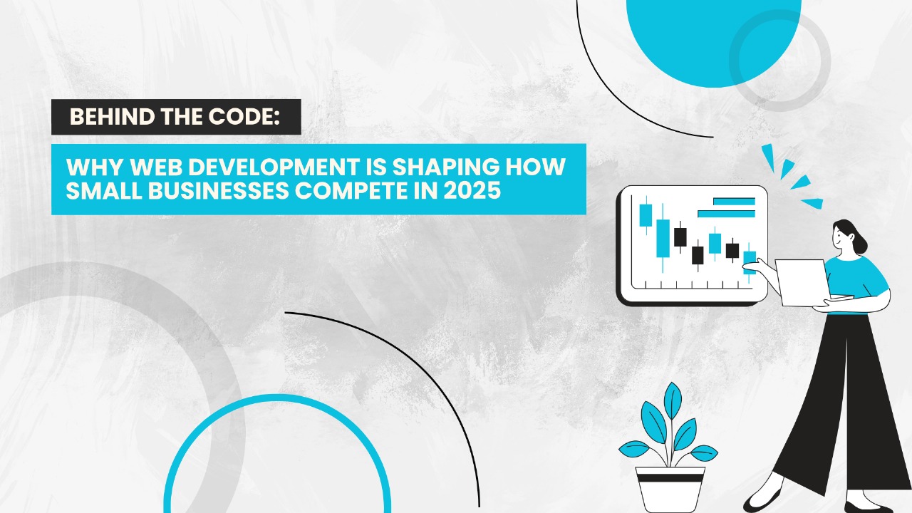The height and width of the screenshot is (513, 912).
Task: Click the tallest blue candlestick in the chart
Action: pos(663,239)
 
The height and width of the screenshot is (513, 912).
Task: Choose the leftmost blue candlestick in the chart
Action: pos(646,215)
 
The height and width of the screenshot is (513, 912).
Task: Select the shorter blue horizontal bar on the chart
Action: pos(734,202)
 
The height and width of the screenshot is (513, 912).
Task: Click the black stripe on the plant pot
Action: pos(670,478)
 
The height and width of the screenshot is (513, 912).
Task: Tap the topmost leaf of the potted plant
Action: pos(673,400)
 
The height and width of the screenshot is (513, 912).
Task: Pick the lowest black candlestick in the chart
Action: pos(698,255)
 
